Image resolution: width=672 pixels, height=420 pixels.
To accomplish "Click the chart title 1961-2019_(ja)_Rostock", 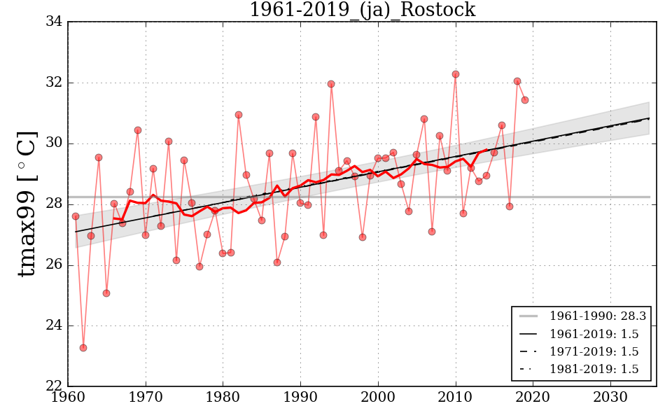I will [362, 10].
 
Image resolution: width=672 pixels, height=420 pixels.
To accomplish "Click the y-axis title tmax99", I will [26, 203].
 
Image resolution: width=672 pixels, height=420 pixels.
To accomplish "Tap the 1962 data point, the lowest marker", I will [83, 348].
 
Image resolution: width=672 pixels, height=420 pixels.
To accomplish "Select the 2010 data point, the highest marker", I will [455, 74].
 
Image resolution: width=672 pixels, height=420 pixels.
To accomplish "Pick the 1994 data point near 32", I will [331, 84].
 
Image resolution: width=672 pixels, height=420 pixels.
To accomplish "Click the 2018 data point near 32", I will [517, 81].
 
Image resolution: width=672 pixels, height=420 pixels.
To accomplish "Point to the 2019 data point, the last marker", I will [525, 100].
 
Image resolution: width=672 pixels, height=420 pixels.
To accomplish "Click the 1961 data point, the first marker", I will [76, 216].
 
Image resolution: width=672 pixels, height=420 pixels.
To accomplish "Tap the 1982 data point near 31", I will [239, 115].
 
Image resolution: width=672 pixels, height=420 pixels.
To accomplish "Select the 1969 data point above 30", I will [138, 130].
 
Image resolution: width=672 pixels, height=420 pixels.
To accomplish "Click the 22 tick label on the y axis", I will [54, 386].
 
